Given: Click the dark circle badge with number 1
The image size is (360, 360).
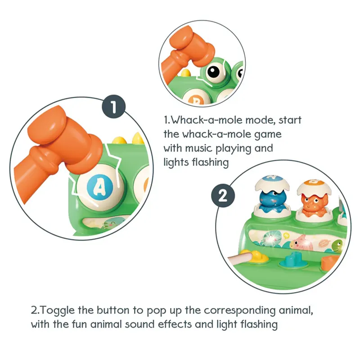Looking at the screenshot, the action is pos(114,107).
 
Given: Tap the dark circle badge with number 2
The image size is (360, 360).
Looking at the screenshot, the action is pos(223,196).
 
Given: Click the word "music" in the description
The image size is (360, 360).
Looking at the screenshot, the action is pos(198,148).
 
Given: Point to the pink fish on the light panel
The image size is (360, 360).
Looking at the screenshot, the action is pos(301,243).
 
